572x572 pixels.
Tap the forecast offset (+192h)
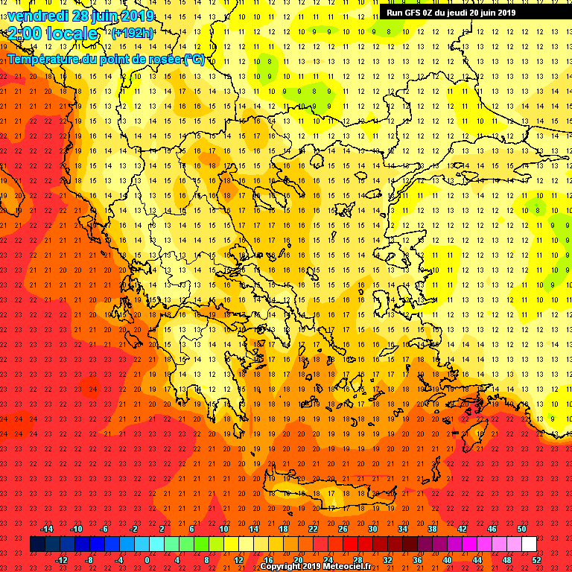pos(133,33)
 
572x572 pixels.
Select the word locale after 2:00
pos(73,34)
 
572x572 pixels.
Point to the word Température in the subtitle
pos(42,59)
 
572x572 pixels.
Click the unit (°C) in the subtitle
pos(194,59)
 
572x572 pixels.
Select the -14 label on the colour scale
pos(46,529)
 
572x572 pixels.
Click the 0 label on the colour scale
pos(147,559)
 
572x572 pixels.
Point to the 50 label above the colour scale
pos(521,529)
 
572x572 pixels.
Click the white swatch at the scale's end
pos(528,544)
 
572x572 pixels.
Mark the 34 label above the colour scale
pos(402,529)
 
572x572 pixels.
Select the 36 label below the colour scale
pos(417,559)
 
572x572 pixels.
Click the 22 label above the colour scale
pos(313,529)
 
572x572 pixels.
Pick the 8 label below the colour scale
pos(206,559)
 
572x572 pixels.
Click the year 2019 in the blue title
pos(139,16)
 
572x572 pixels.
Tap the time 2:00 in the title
pos(24,34)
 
